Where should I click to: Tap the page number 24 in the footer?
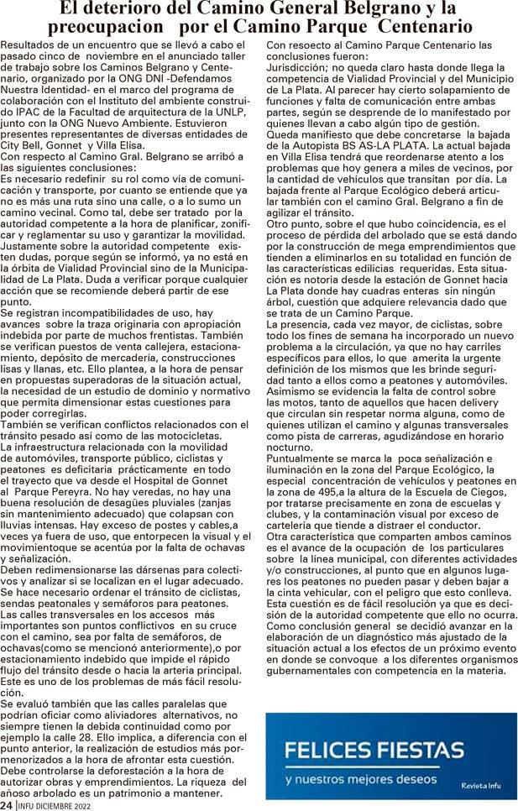[x=7, y=804]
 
